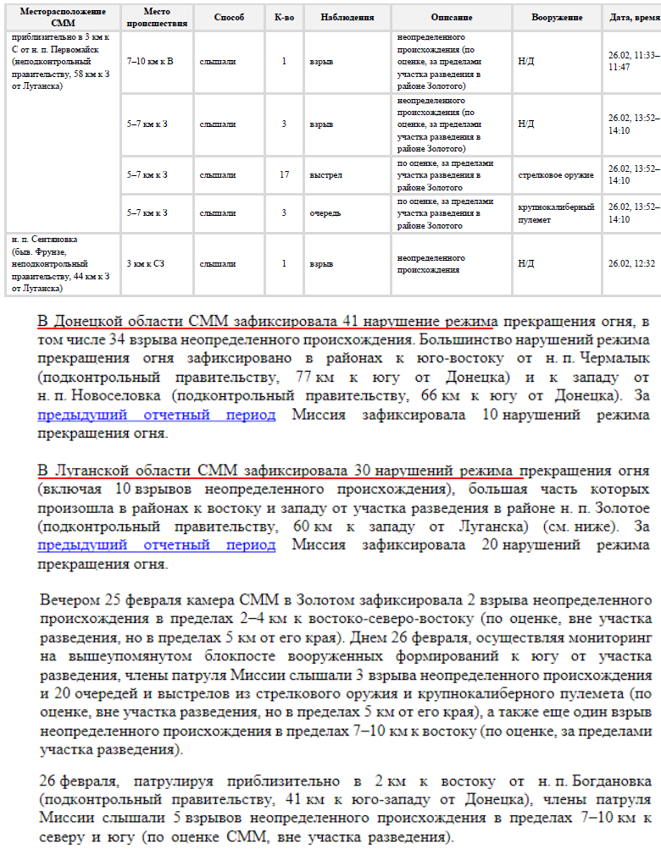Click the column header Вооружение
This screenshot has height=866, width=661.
tap(556, 17)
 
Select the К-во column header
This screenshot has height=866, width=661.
tap(284, 17)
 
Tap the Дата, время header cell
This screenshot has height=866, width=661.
tap(633, 17)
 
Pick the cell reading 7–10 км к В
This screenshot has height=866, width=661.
tap(150, 62)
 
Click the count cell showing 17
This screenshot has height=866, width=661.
tap(284, 175)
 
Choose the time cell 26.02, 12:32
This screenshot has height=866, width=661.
tap(631, 264)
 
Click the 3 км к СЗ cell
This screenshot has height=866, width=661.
tap(147, 264)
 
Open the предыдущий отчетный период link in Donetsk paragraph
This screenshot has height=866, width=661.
tap(157, 415)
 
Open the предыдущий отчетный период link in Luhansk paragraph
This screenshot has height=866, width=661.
tap(157, 544)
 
